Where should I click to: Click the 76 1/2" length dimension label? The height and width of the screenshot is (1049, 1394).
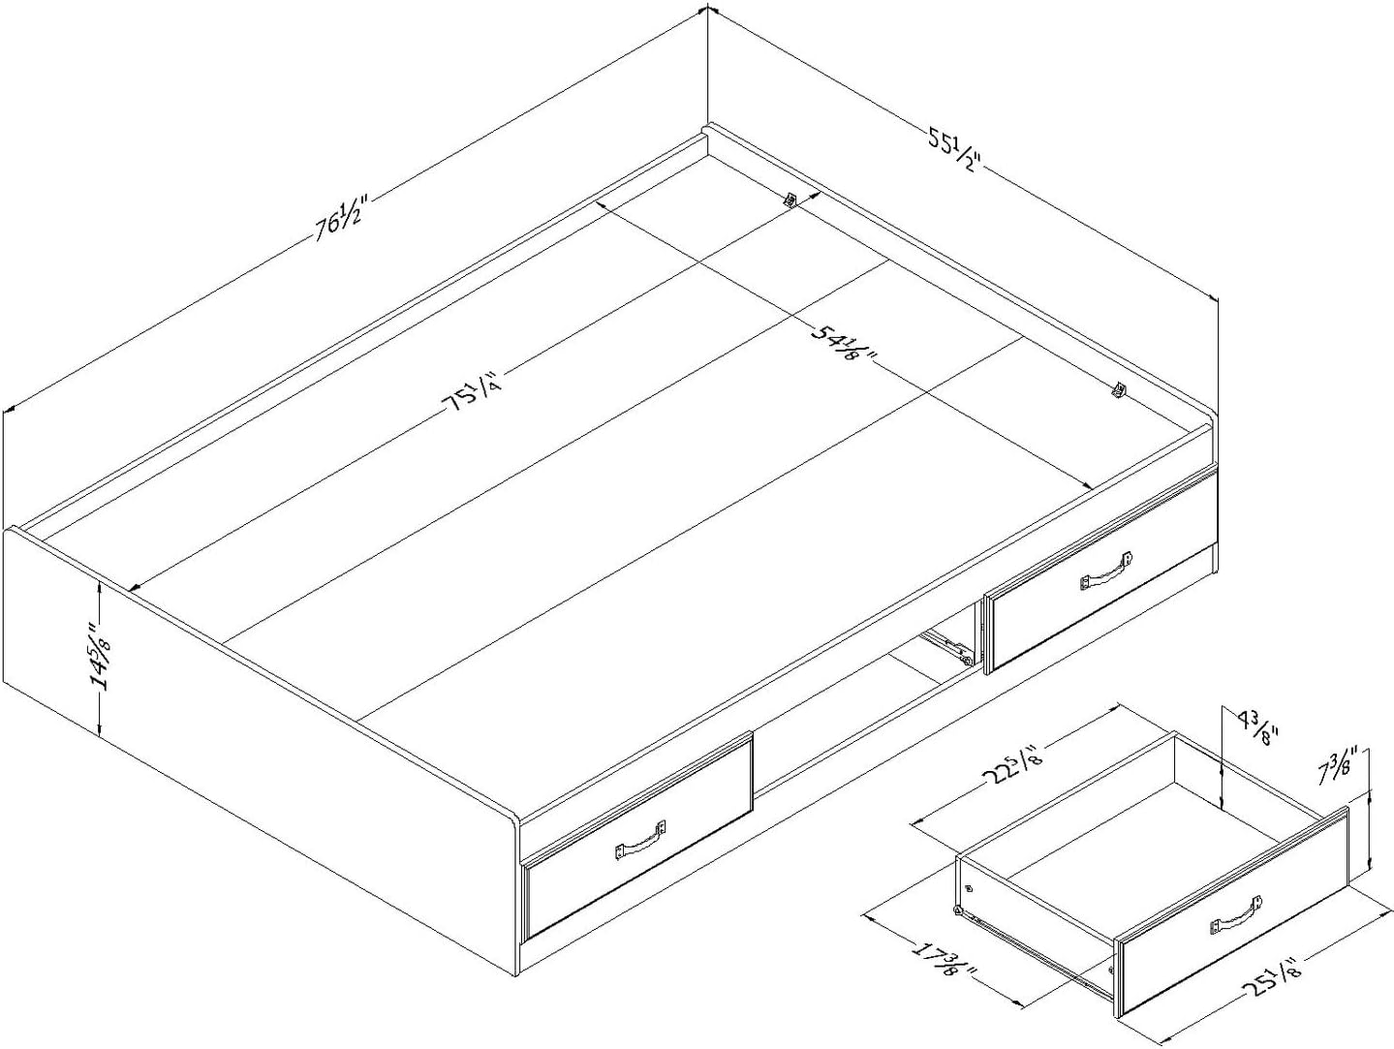[x=340, y=220]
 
